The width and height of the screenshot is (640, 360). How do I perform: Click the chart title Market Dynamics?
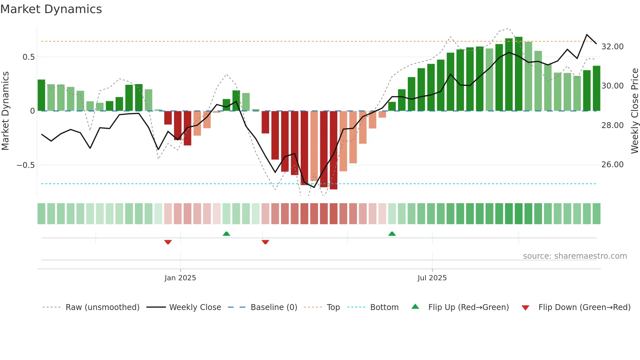51,9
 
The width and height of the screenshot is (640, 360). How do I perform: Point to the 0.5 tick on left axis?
28,57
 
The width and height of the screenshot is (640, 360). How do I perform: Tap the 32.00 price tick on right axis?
612,47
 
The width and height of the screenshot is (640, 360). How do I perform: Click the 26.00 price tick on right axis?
612,165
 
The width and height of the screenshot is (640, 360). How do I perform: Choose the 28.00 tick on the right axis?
612,125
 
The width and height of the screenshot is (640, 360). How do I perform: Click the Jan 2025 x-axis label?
180,278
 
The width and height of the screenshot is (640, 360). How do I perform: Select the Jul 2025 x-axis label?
432,278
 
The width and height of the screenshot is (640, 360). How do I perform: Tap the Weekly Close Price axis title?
634,111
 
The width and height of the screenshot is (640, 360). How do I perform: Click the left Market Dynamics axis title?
5,111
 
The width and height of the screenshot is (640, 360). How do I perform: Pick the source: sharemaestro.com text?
575,256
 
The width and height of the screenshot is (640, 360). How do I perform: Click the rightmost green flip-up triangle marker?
392,234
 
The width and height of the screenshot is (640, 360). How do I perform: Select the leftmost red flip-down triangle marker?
168,242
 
